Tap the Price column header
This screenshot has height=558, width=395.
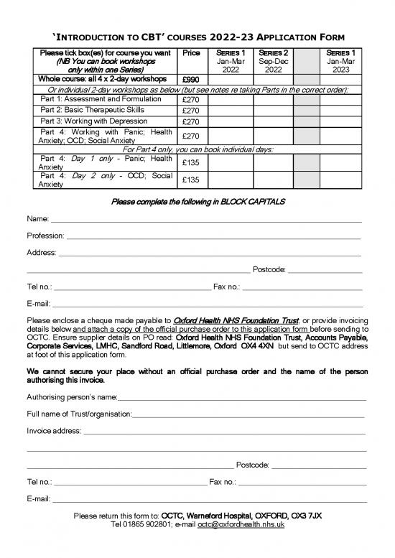(x=191, y=53)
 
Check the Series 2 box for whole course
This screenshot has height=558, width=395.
(x=272, y=80)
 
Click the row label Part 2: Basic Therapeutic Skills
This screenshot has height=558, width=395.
(x=101, y=110)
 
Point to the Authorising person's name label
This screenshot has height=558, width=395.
(x=72, y=396)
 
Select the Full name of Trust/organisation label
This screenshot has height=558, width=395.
(x=79, y=414)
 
